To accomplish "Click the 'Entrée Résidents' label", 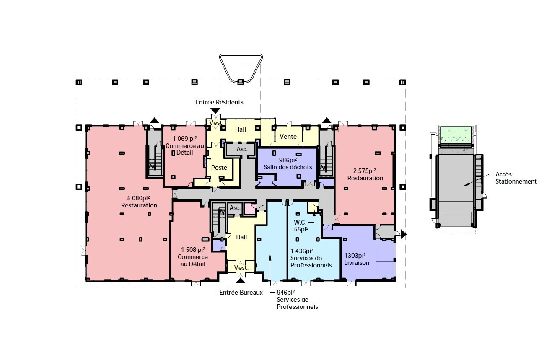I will tap(219, 102).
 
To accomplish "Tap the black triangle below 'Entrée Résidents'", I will tap(215, 111).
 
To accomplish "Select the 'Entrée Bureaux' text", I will tap(241, 293).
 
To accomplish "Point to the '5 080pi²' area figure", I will tap(139, 198).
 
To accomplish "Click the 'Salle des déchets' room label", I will tap(288, 167).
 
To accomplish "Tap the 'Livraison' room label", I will tap(357, 263).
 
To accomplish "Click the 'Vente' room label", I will tap(288, 137).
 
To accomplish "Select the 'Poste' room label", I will tap(219, 168).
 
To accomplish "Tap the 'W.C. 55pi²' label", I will tap(301, 226).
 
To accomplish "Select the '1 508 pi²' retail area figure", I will tap(192, 250).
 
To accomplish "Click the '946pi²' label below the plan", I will tap(286, 293).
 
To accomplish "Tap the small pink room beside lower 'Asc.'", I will tap(250, 208).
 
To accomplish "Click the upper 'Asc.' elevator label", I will tap(242, 149).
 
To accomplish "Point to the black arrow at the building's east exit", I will tap(404, 234).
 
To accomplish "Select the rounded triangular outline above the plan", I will tap(241, 67).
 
